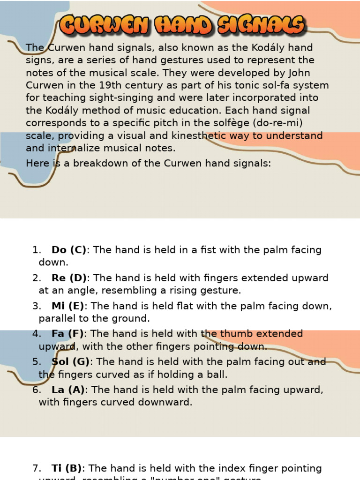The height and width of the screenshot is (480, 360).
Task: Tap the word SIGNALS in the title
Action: pyautogui.click(x=262, y=25)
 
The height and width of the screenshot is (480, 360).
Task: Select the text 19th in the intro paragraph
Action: pyautogui.click(x=108, y=85)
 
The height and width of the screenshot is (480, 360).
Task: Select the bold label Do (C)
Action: pyautogui.click(x=69, y=250)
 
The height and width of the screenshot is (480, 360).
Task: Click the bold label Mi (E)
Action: pyautogui.click(x=68, y=306)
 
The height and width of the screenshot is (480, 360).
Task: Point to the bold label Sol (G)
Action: pyautogui.click(x=70, y=362)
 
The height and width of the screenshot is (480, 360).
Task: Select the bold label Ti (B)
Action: pyautogui.click(x=67, y=468)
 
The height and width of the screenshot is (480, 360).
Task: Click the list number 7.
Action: pyautogui.click(x=37, y=468)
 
